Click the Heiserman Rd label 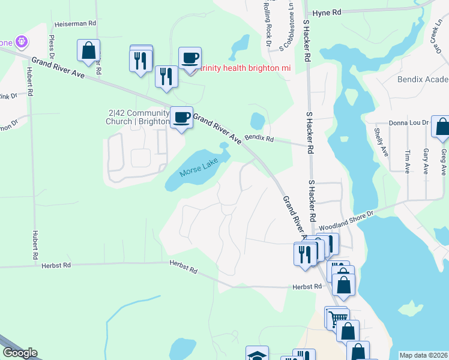tap(76, 23)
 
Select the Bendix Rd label tap(259, 139)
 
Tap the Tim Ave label tap(408, 162)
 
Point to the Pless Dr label tap(52, 47)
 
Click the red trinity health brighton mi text tap(246, 68)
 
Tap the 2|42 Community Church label tap(139, 116)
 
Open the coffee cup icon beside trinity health tap(190, 59)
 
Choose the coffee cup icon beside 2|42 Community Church tap(181, 117)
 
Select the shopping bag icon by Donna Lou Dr tap(441, 126)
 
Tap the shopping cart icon tap(337, 317)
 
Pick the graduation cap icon tap(257, 355)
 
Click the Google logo tap(19, 353)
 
